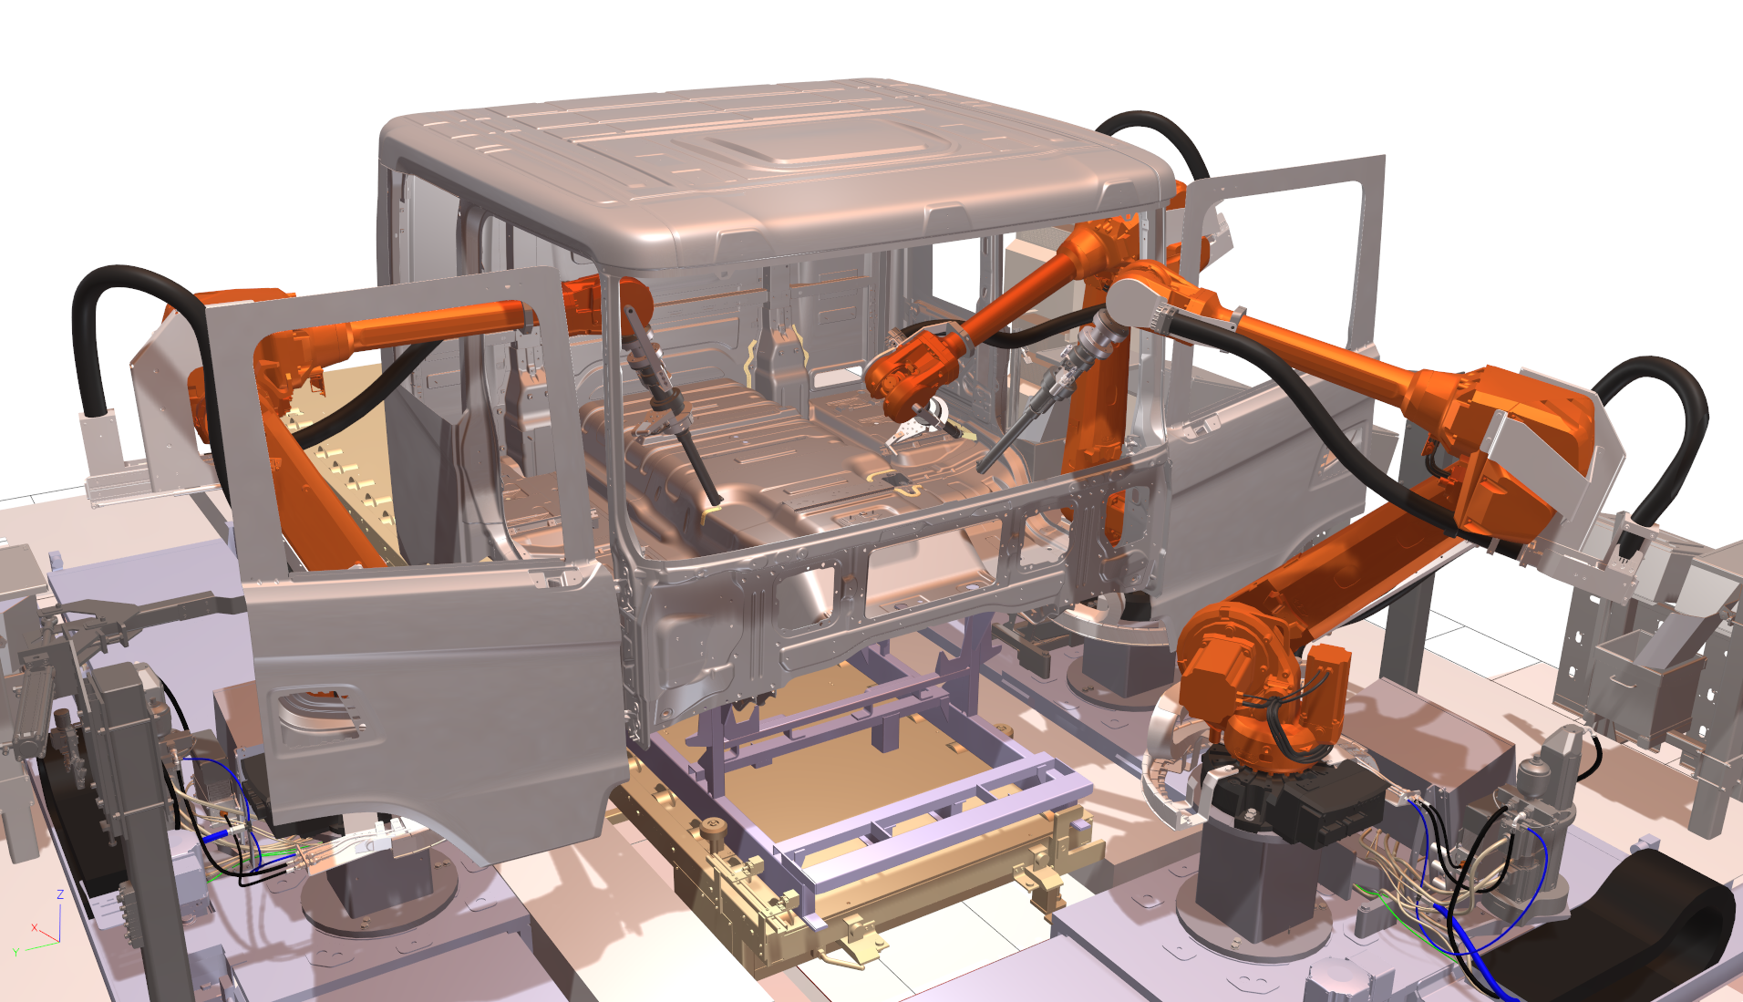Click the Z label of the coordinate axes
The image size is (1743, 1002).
click(x=60, y=894)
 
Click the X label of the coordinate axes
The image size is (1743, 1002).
click(x=34, y=927)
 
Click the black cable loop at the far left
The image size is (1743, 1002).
click(x=100, y=310)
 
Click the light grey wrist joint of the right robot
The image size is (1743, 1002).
click(x=1135, y=301)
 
